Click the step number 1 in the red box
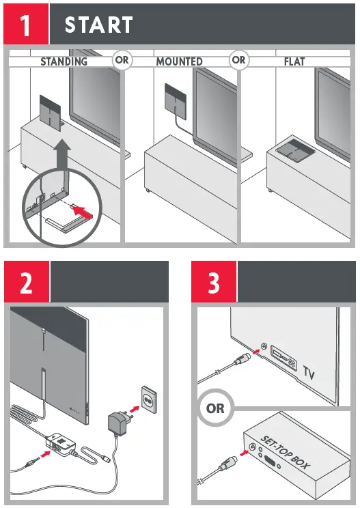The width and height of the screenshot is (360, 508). pos(25,25)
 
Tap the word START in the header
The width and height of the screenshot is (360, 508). pos(98,25)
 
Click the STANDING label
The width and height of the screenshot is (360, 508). pos(64,61)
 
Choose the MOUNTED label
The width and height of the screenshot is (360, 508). pos(179,61)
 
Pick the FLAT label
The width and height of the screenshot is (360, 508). pos(294,61)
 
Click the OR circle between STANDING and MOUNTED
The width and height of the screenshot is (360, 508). pos(122,60)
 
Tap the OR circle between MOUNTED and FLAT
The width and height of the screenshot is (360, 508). pos(238,60)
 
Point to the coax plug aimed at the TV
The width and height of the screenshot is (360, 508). pos(242,359)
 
